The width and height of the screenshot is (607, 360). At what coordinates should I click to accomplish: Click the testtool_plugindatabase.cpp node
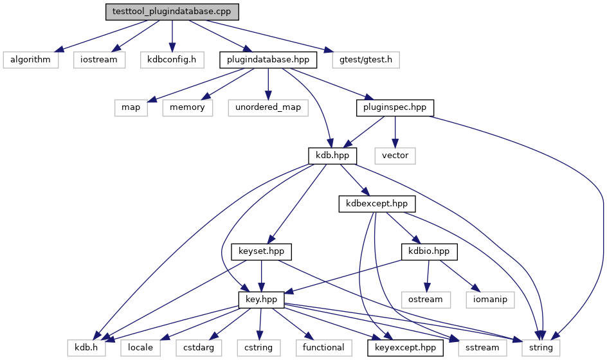172,12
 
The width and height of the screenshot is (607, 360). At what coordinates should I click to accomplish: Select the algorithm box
31,60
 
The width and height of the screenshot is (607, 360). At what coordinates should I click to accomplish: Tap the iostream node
99,60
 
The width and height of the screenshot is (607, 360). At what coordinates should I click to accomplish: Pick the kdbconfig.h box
172,60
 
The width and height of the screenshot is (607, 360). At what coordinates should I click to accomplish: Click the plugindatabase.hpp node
268,60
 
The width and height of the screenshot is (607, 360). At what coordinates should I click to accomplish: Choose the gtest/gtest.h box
366,60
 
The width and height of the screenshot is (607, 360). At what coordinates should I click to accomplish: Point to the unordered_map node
268,107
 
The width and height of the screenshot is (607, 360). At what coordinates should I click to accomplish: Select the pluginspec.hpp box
395,107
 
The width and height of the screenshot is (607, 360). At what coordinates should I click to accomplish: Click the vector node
395,156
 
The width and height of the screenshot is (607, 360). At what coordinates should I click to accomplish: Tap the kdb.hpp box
332,156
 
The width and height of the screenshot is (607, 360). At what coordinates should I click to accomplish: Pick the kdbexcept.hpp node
377,204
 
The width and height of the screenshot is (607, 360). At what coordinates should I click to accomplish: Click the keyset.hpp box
261,251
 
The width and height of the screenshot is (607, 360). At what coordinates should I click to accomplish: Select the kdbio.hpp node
430,251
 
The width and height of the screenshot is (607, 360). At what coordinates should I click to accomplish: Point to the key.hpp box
261,300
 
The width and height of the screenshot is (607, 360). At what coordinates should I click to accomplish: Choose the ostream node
426,300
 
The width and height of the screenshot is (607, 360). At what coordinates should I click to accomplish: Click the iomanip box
490,300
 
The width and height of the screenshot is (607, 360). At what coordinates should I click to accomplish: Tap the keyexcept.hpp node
405,348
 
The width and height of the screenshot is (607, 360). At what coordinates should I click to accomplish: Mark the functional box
323,348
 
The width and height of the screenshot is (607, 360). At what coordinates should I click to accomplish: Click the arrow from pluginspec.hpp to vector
395,132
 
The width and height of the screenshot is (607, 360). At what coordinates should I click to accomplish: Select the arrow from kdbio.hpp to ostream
428,276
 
